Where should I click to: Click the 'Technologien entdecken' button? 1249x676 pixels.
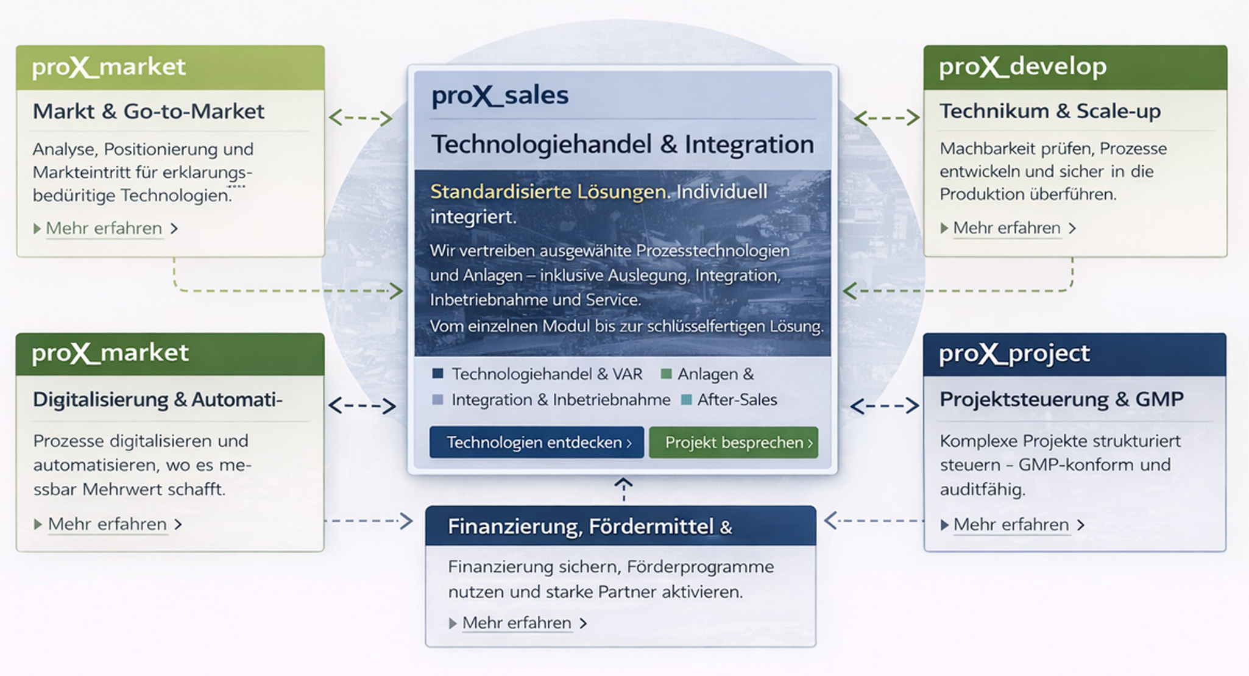[x=536, y=442]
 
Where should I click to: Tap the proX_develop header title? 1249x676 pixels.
[x=1022, y=66]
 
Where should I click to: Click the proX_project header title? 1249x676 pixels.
[x=1014, y=353]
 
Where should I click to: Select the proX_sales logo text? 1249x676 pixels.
[x=500, y=95]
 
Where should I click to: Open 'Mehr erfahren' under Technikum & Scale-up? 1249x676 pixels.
[x=1007, y=228]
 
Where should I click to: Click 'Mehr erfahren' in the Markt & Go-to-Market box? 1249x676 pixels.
[x=104, y=229]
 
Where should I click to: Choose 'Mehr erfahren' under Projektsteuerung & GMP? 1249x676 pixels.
[x=1011, y=524]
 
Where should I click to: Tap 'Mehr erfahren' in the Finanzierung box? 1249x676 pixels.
[x=517, y=623]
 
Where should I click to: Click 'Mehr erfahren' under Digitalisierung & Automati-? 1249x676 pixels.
[x=107, y=524]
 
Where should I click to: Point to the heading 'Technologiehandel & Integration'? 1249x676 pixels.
[x=622, y=144]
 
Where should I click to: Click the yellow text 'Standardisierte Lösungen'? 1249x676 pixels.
[x=548, y=191]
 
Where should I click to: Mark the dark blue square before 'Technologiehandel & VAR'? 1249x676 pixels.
[x=437, y=374]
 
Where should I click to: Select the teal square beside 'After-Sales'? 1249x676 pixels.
[x=686, y=400]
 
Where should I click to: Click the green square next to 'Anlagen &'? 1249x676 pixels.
[x=666, y=374]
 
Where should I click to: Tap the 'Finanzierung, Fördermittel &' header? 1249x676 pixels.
[x=589, y=526]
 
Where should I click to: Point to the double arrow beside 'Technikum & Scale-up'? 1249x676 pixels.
[x=886, y=118]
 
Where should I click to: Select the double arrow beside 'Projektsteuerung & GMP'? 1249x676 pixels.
[x=884, y=406]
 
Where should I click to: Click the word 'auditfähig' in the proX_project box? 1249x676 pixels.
[x=982, y=489]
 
